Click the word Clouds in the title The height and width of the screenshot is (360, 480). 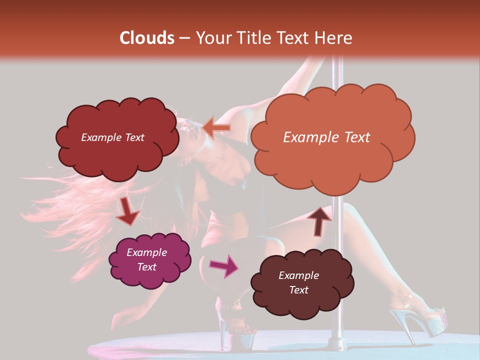coord(146,38)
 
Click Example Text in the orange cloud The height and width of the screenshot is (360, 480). coord(326,137)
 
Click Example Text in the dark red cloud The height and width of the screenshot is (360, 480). coord(112,137)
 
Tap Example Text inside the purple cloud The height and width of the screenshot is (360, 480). coord(146,259)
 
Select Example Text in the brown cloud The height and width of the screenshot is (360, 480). coord(298,282)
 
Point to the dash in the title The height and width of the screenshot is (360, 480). coord(184,38)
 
